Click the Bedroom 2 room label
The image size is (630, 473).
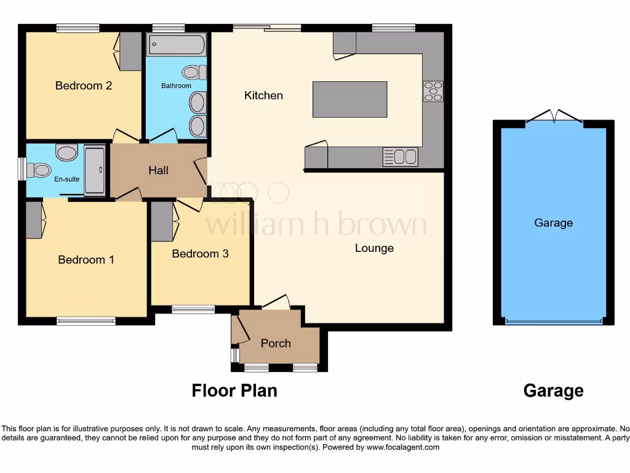point(84,86)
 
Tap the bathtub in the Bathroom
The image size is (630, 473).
point(176,44)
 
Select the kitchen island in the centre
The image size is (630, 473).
point(350,99)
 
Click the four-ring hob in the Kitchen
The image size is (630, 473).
point(433,91)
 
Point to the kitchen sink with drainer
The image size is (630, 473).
point(401,157)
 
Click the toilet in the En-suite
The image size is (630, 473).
point(41,169)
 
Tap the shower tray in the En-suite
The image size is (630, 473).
point(94,170)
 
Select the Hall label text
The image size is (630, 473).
point(158,171)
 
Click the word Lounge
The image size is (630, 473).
point(374,248)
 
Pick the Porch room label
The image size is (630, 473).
point(276,343)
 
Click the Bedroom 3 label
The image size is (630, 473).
point(200,254)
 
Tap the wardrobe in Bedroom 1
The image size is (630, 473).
point(34,220)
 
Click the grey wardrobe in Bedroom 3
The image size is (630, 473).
point(162,222)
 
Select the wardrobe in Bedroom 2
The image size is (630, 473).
point(130,51)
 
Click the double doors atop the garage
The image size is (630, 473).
point(553,117)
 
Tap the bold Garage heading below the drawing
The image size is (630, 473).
point(553,390)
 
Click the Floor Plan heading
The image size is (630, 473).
point(234,390)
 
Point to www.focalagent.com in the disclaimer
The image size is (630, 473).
point(402,447)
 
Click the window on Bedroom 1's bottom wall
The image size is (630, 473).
point(86,321)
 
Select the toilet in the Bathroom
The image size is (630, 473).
point(195,73)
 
